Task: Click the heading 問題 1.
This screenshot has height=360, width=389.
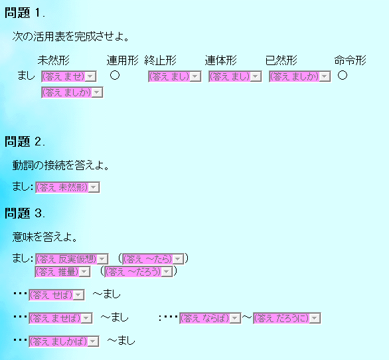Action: pos(25,13)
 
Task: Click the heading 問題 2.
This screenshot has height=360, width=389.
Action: pos(25,141)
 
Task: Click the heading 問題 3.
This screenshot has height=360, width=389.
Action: pos(25,213)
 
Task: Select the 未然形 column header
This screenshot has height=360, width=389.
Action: pos(54,60)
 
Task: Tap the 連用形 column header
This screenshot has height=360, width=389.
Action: pos(123,60)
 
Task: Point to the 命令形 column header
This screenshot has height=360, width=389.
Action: pos(350,60)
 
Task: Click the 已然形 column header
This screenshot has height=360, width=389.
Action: pos(281,60)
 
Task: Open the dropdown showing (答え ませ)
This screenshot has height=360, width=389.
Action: pos(69,76)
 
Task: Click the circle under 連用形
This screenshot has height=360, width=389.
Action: pos(115,75)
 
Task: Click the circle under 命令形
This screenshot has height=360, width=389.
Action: pos(343,75)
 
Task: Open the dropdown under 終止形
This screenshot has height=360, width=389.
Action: pos(175,76)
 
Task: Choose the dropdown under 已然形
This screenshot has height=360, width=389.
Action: pos(299,76)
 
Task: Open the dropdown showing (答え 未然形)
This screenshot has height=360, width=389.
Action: pos(68,187)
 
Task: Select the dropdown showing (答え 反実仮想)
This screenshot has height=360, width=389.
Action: pos(72,259)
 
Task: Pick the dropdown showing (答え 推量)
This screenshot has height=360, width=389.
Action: pos(62,272)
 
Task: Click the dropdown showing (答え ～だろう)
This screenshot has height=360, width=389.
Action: pos(139,272)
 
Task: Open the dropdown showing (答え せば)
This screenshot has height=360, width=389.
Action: pos(56,295)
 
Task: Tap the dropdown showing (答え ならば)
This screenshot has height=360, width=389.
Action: pos(210,318)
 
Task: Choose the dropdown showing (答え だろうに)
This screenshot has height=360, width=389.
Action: pos(287,318)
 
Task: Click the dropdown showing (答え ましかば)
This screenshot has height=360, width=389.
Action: pos(64,341)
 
